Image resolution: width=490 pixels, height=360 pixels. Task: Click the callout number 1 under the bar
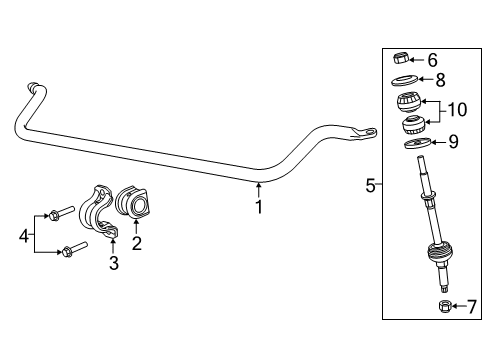(x=259, y=208)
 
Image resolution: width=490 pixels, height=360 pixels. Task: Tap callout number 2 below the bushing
(x=136, y=241)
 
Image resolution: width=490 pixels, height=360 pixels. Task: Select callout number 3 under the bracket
(x=113, y=263)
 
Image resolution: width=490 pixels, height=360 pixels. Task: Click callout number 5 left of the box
(x=371, y=184)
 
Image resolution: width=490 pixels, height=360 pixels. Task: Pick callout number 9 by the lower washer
(x=453, y=142)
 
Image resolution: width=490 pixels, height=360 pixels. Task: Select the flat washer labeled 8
(x=403, y=81)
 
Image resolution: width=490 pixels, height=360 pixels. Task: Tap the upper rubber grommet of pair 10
(x=409, y=103)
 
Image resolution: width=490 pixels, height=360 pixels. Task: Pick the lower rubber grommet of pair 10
(x=413, y=127)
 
